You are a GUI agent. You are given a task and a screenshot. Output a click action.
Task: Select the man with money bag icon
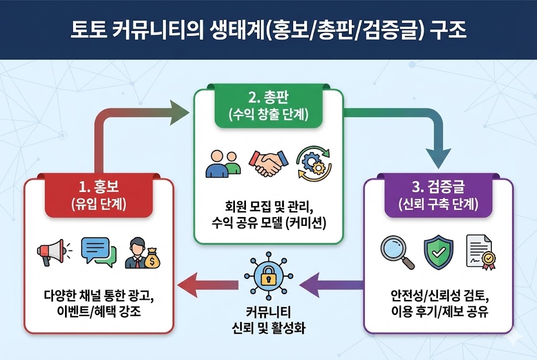coord(142,253)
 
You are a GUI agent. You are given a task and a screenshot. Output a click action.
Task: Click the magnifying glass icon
coord(396,252)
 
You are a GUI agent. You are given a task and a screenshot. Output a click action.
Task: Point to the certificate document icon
coord(479,253)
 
